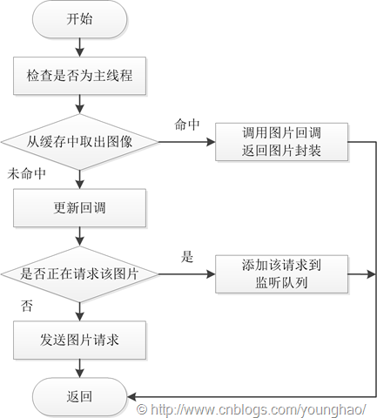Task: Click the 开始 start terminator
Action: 79,19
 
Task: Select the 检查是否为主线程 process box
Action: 79,76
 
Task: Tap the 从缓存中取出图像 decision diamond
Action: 79,142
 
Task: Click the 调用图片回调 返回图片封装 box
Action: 281,142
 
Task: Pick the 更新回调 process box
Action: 79,208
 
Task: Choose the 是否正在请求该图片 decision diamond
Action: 79,274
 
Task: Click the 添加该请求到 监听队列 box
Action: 281,274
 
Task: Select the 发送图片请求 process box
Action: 79,340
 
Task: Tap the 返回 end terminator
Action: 79,396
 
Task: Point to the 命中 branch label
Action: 187,125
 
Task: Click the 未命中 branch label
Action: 26,174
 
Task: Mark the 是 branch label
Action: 187,257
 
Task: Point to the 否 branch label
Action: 27,306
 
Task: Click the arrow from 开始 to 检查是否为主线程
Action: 79,47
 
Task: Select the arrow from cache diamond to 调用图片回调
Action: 187,142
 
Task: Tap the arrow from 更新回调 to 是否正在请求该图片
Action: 79,236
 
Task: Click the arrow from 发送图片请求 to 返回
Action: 79,368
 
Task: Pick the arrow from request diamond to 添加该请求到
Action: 187,274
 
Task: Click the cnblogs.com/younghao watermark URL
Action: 252,409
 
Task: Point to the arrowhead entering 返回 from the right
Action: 131,396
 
